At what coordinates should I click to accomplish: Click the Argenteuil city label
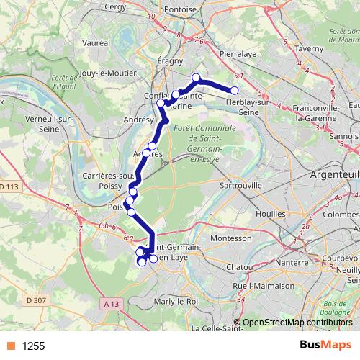[x=334, y=175]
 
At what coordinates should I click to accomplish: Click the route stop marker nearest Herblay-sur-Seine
[x=234, y=90]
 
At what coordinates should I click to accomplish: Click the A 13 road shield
[x=110, y=304]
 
